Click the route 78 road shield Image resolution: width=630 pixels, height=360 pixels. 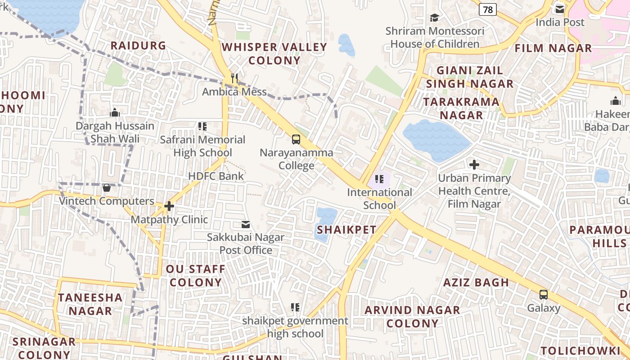pyautogui.click(x=488, y=9)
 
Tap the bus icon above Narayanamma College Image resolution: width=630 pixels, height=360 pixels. pyautogui.click(x=296, y=139)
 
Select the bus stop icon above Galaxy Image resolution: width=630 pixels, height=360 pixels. pyautogui.click(x=544, y=295)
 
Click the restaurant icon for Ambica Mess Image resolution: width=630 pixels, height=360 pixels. pyautogui.click(x=234, y=78)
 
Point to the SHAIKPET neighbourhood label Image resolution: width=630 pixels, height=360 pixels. pyautogui.click(x=346, y=229)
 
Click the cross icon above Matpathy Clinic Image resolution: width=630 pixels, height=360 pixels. pyautogui.click(x=169, y=206)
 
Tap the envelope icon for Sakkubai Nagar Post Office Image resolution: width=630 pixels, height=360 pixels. pyautogui.click(x=246, y=224)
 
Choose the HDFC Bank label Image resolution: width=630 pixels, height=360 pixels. pyautogui.click(x=216, y=176)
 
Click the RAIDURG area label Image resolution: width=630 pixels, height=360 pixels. pyautogui.click(x=138, y=45)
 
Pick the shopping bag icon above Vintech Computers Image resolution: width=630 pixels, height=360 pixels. pyautogui.click(x=107, y=187)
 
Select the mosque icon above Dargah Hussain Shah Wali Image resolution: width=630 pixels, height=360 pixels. pyautogui.click(x=115, y=112)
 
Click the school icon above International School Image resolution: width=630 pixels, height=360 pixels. pyautogui.click(x=379, y=179)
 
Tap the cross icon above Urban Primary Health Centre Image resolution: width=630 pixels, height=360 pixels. pyautogui.click(x=474, y=165)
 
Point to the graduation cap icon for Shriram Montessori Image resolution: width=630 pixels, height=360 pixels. pyautogui.click(x=434, y=18)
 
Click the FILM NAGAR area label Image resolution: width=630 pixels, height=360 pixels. pyautogui.click(x=553, y=48)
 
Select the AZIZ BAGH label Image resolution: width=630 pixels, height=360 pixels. pyautogui.click(x=476, y=283)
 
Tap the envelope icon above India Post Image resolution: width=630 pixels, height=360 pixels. pyautogui.click(x=560, y=9)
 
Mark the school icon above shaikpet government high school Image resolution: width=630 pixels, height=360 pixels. pyautogui.click(x=295, y=307)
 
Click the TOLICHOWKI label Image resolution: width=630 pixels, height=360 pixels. pyautogui.click(x=580, y=351)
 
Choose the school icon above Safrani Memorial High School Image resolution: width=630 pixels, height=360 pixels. pyautogui.click(x=202, y=126)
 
